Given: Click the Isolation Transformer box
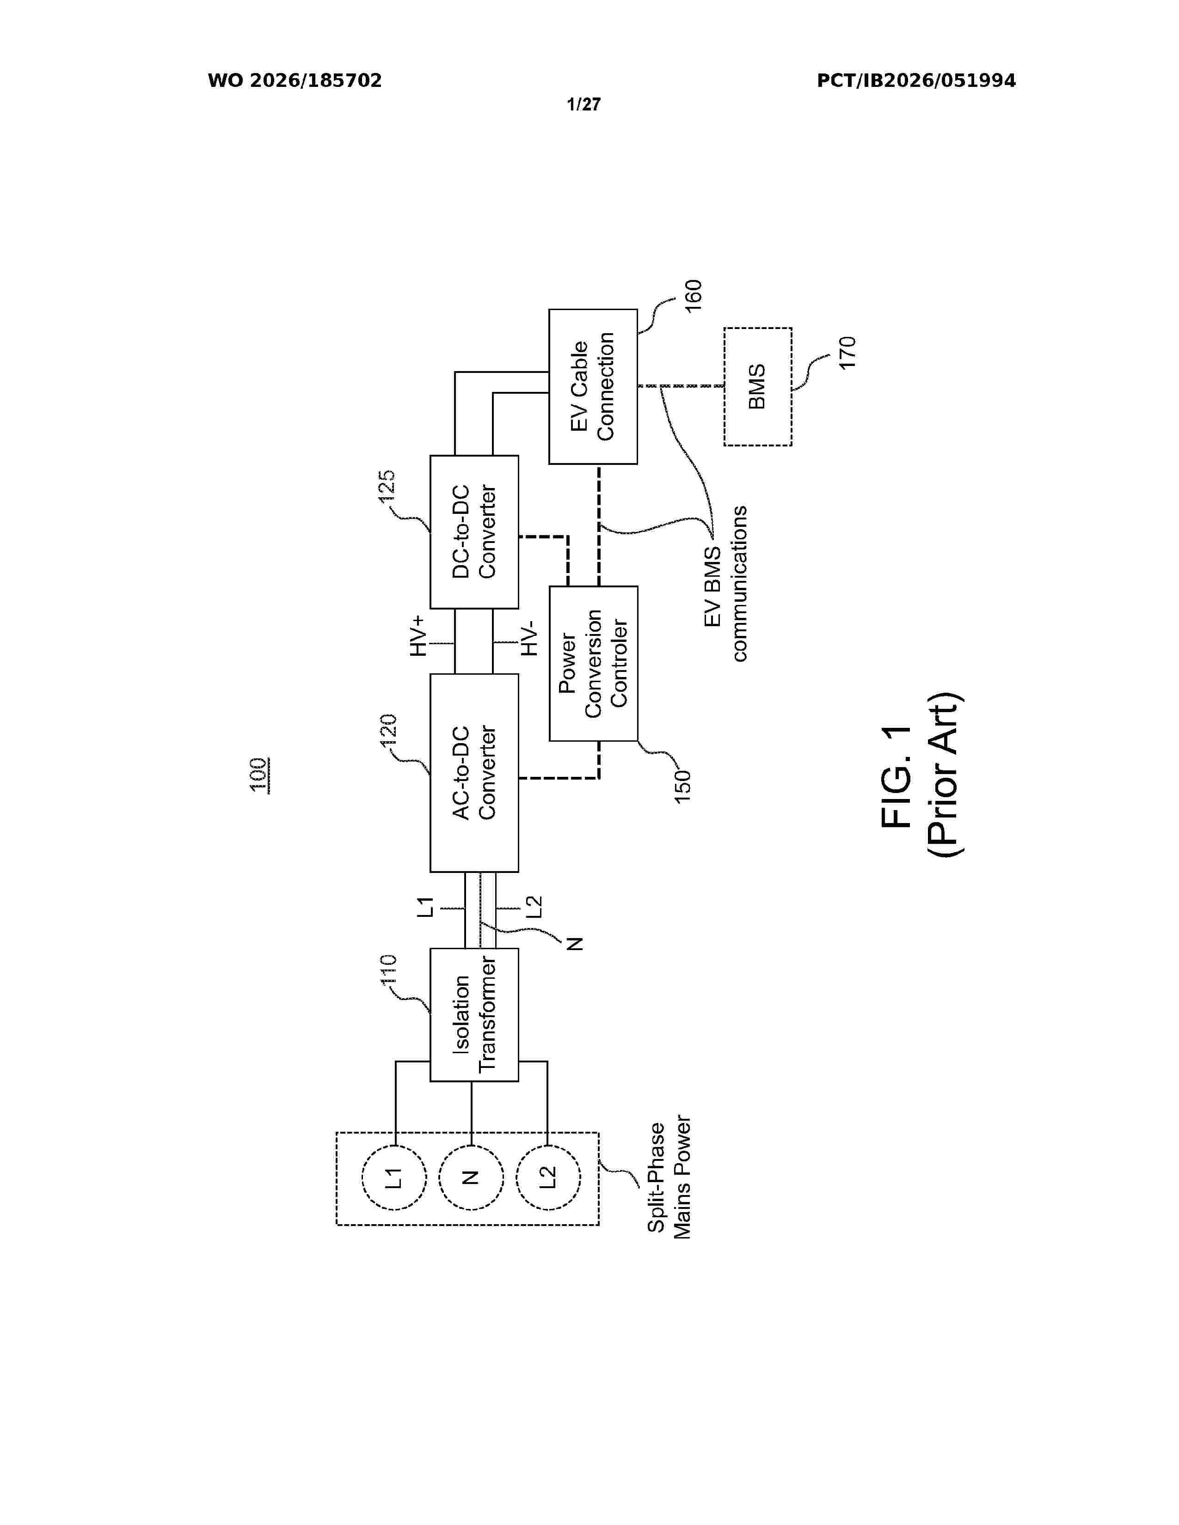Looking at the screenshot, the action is coord(473,1014).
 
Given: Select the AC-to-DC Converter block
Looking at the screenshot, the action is coord(473,773).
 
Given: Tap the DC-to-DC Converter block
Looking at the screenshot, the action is coord(473,532).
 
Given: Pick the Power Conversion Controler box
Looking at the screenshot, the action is coord(593,663).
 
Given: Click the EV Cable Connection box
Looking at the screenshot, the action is coord(593,387).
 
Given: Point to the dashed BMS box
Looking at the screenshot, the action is coord(758,387).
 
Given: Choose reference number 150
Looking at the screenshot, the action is coord(682,786).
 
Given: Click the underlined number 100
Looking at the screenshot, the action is coord(260,775).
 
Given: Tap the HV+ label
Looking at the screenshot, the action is coord(418,636).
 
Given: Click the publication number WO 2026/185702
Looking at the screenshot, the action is coord(295,81).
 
